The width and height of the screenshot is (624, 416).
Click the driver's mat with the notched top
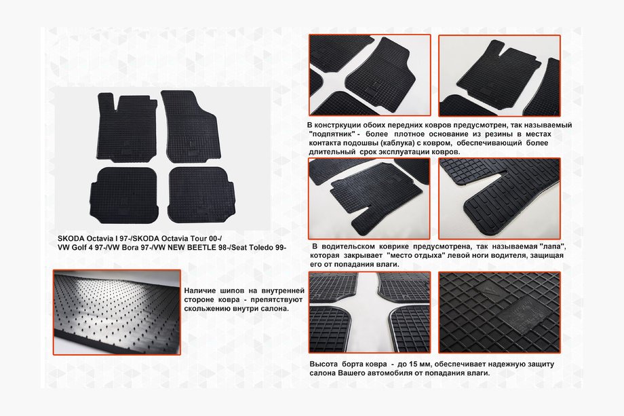(x=128, y=128)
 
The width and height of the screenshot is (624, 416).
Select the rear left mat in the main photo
(x=123, y=195)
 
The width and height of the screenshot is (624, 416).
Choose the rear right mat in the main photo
(x=201, y=195)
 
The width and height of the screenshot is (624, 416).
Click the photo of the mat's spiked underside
(x=117, y=312)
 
